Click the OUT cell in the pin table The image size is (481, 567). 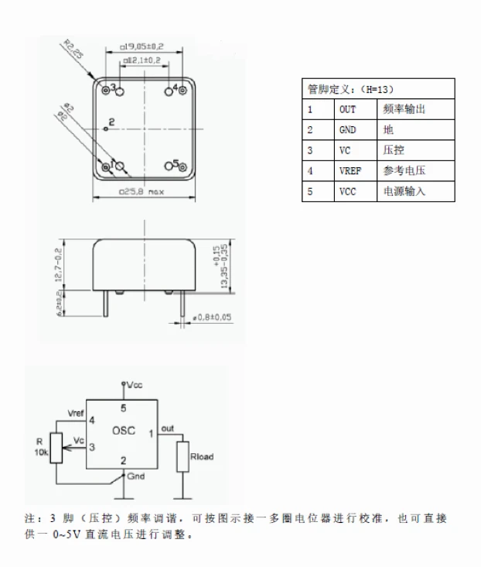pyautogui.click(x=348, y=109)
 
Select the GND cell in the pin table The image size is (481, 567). pyautogui.click(x=348, y=129)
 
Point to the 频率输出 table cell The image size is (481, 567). pyautogui.click(x=404, y=109)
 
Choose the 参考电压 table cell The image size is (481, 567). pyautogui.click(x=404, y=170)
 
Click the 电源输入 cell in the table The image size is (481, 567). pyautogui.click(x=404, y=191)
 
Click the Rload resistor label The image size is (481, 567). pyautogui.click(x=203, y=457)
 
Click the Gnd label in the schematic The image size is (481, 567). pyautogui.click(x=135, y=476)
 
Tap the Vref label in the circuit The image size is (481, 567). pyautogui.click(x=77, y=412)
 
